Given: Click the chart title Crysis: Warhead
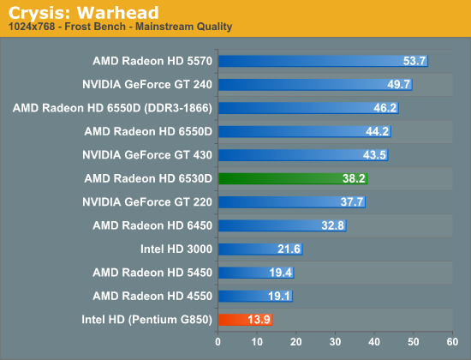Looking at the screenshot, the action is [x=83, y=13].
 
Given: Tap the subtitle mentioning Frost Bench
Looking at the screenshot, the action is [x=120, y=27].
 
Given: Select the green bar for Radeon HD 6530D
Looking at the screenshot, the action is [x=293, y=178].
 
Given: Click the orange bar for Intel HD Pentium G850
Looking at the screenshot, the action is [x=246, y=320].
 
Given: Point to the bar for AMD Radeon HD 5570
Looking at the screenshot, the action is [x=323, y=61].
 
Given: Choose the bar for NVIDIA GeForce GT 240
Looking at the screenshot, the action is [x=315, y=85].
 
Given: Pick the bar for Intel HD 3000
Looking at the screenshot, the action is [x=260, y=249].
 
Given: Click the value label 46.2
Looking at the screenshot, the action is [x=385, y=108].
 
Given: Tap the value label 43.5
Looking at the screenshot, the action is [x=374, y=155].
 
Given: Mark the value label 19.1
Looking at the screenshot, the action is [x=279, y=296].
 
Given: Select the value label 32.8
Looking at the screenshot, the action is [x=332, y=225].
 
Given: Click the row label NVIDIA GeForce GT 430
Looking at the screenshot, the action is [x=147, y=155].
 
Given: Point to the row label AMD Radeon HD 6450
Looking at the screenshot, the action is [x=152, y=225].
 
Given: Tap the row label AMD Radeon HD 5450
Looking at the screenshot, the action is [x=152, y=273].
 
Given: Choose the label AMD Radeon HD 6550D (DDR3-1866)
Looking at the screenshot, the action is [x=112, y=108].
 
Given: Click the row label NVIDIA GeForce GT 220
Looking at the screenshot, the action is [x=147, y=201].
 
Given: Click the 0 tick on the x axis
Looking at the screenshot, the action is [x=218, y=342].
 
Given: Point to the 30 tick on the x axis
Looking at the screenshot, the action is [x=335, y=342].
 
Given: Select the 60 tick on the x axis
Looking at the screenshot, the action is [x=452, y=342].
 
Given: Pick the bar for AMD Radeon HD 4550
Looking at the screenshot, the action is [x=256, y=297].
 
